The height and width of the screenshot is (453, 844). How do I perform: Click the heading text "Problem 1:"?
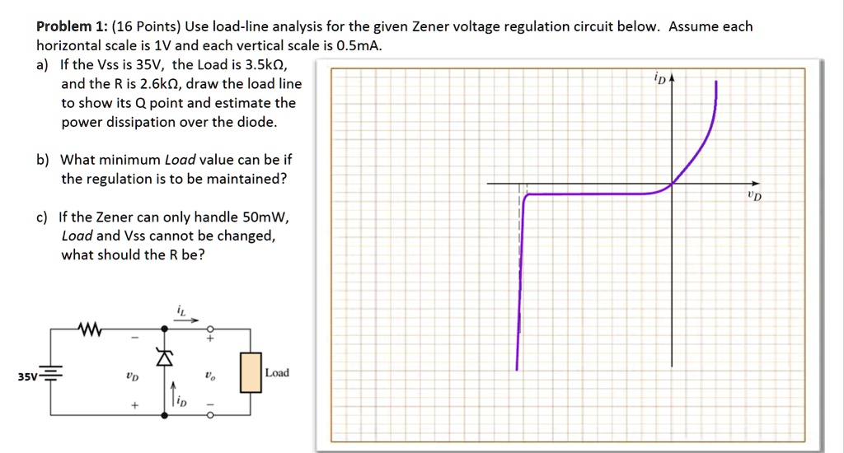click(69, 27)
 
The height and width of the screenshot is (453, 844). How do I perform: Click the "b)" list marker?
click(42, 160)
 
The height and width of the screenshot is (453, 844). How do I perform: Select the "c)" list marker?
click(41, 217)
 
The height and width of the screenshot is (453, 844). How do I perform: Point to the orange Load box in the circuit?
click(251, 372)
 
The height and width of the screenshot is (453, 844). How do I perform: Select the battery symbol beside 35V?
click(50, 376)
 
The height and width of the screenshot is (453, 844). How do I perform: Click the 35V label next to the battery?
click(28, 377)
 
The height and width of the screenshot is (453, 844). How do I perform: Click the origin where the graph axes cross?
click(671, 184)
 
